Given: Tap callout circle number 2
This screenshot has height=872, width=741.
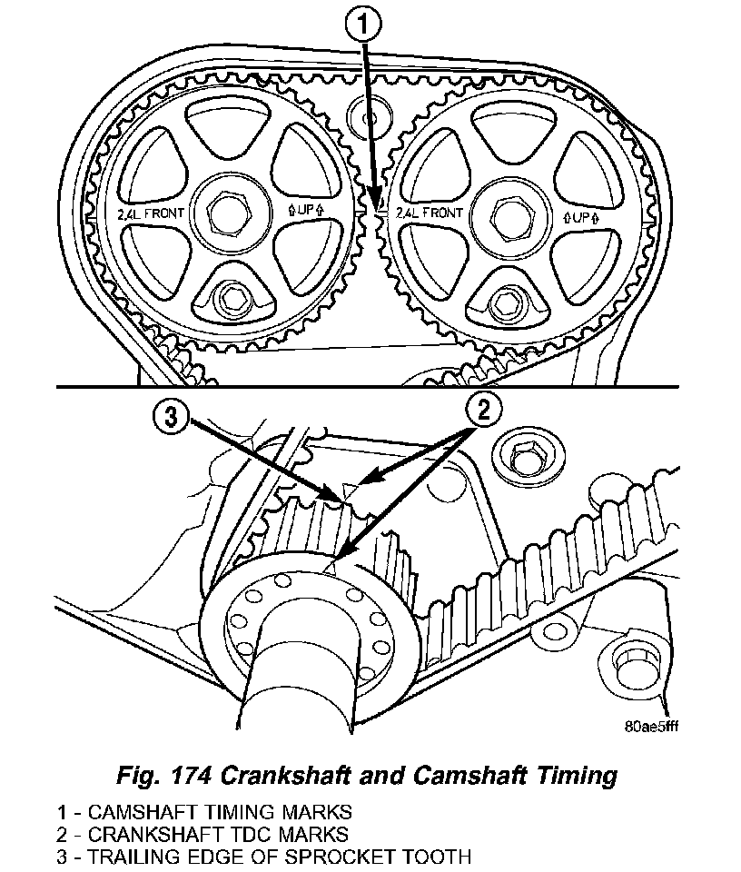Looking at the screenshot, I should tap(484, 411).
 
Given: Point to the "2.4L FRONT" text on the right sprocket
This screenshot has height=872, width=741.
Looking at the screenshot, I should tap(430, 214).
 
